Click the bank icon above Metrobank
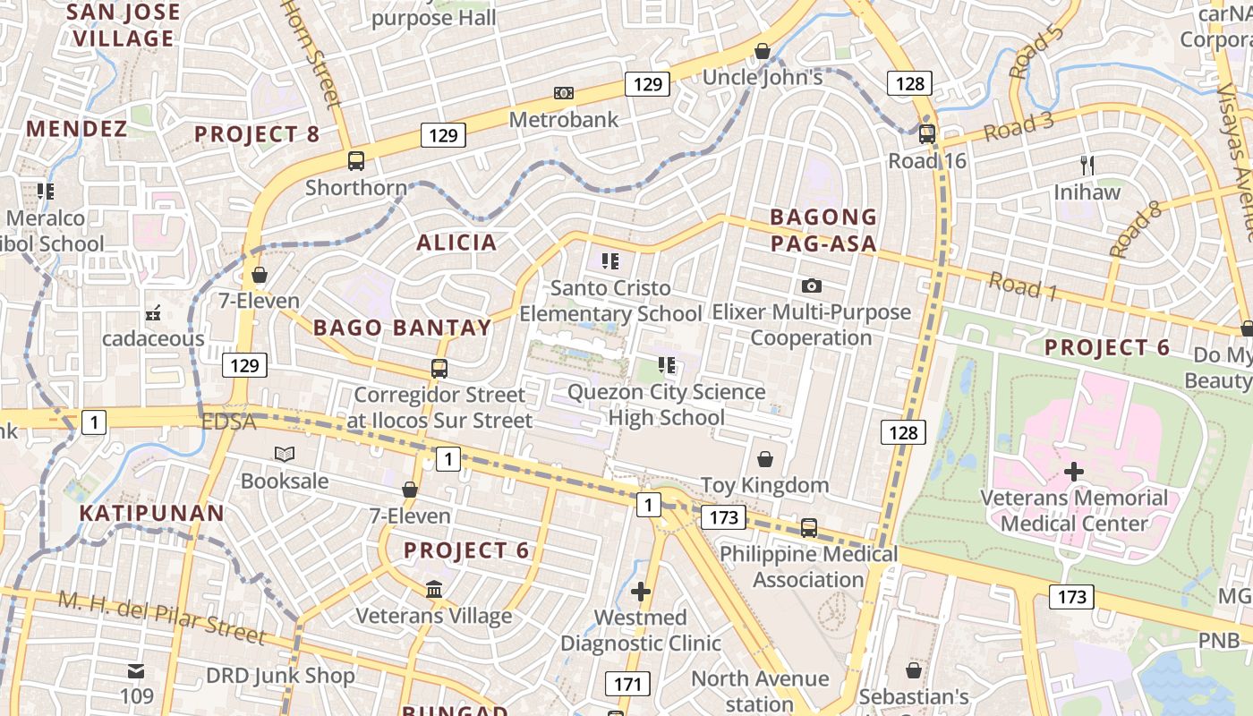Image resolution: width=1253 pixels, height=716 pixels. click(563, 93)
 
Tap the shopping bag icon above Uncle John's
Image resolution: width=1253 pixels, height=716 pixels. click(763, 51)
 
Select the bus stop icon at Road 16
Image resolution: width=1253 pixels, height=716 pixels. click(927, 134)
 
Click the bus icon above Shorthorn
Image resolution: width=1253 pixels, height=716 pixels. click(356, 161)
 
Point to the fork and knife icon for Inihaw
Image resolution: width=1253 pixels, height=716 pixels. click(1087, 165)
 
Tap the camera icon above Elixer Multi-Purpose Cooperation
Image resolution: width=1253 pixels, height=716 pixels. click(812, 286)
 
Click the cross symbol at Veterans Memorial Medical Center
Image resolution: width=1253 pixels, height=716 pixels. click(1074, 471)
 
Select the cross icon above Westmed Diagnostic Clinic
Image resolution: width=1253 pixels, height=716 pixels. click(641, 591)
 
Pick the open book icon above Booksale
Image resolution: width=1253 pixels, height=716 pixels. click(285, 455)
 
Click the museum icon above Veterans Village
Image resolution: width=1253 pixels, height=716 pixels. click(435, 589)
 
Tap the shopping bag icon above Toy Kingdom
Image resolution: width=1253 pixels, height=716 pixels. click(765, 459)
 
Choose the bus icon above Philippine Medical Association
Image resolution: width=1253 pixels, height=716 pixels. click(809, 527)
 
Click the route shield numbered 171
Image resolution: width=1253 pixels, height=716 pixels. click(627, 685)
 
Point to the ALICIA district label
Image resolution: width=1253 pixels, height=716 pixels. click(456, 243)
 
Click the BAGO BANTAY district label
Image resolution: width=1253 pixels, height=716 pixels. click(403, 328)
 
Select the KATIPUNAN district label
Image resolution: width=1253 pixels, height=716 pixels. click(151, 514)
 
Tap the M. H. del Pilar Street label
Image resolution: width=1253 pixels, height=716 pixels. click(162, 617)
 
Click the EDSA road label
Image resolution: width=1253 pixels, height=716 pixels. click(229, 422)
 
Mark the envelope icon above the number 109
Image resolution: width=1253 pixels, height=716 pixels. click(136, 671)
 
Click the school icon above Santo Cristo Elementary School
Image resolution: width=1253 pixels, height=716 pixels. click(611, 261)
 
